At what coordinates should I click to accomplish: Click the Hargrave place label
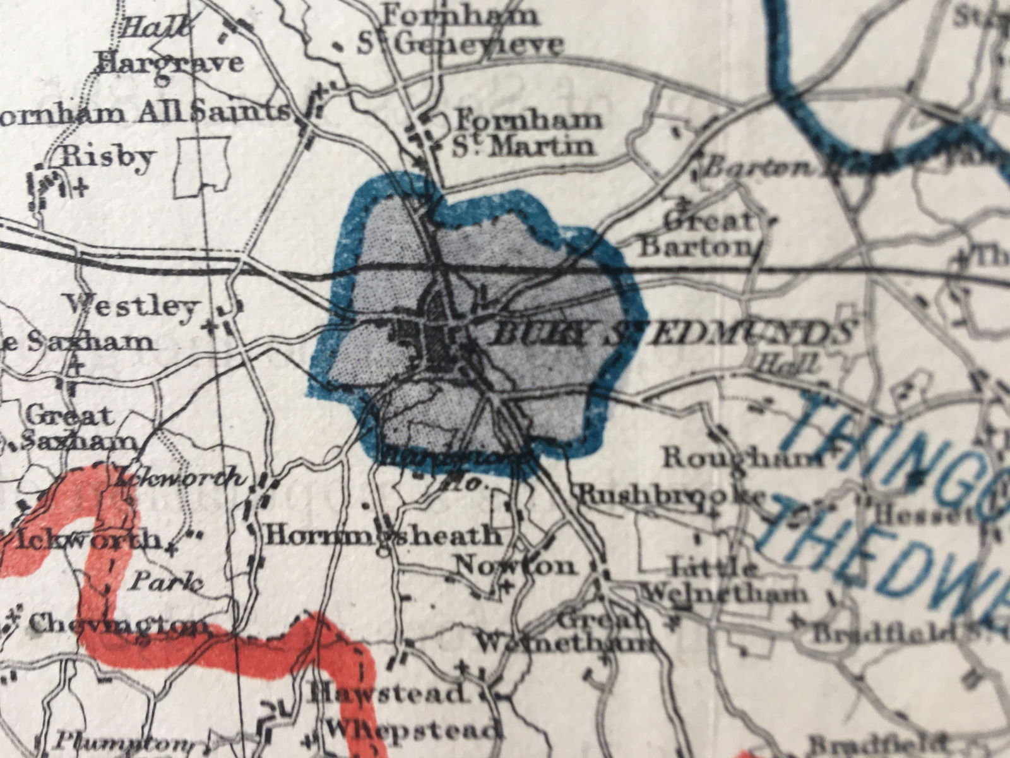[170, 63]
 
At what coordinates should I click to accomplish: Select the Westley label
[132, 307]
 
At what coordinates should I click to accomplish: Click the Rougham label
[739, 458]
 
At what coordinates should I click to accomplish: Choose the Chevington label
[117, 625]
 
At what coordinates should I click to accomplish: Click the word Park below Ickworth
[165, 582]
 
